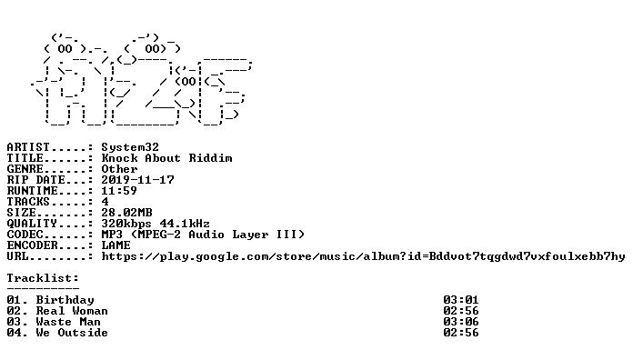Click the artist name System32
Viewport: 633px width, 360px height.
click(130, 147)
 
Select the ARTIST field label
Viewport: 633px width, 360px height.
click(28, 147)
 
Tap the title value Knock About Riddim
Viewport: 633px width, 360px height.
click(166, 158)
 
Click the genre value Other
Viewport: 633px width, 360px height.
click(119, 169)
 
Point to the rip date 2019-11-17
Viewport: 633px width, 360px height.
click(137, 180)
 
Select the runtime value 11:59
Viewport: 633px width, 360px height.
click(119, 191)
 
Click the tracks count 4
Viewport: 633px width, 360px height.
click(105, 202)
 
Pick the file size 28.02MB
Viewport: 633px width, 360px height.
click(126, 213)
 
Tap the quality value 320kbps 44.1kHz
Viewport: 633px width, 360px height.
click(156, 224)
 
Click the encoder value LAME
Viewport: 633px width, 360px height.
click(116, 245)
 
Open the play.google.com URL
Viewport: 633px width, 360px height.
click(363, 256)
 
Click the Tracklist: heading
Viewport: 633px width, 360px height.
click(43, 278)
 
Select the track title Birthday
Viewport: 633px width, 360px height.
click(65, 300)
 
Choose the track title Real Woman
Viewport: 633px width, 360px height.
click(72, 311)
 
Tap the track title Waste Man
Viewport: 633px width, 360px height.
click(68, 322)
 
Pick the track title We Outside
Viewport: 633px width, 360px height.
click(72, 333)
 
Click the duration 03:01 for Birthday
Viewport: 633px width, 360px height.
click(460, 300)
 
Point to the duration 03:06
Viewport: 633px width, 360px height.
click(460, 322)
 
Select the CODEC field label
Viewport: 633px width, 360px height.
click(25, 234)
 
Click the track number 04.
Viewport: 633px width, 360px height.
click(15, 333)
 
